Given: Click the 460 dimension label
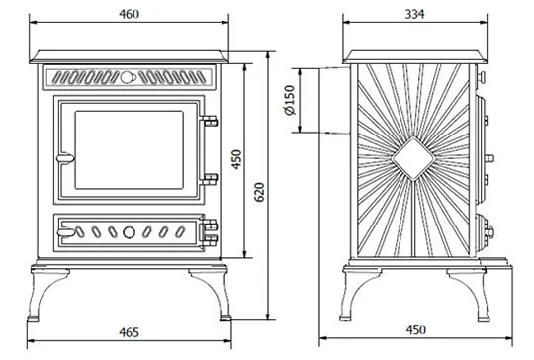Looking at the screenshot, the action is (130, 14).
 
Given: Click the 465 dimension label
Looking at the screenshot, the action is (130, 332).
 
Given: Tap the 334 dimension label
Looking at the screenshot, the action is (414, 14).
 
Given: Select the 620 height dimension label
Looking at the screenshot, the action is (259, 192).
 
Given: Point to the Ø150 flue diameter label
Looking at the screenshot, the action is (290, 100).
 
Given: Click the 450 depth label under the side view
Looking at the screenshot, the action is (415, 330).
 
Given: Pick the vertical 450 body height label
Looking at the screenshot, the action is (236, 159).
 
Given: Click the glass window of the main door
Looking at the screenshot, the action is (130, 149).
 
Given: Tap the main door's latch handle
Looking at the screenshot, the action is (65, 158).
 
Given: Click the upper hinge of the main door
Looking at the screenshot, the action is (209, 121).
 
